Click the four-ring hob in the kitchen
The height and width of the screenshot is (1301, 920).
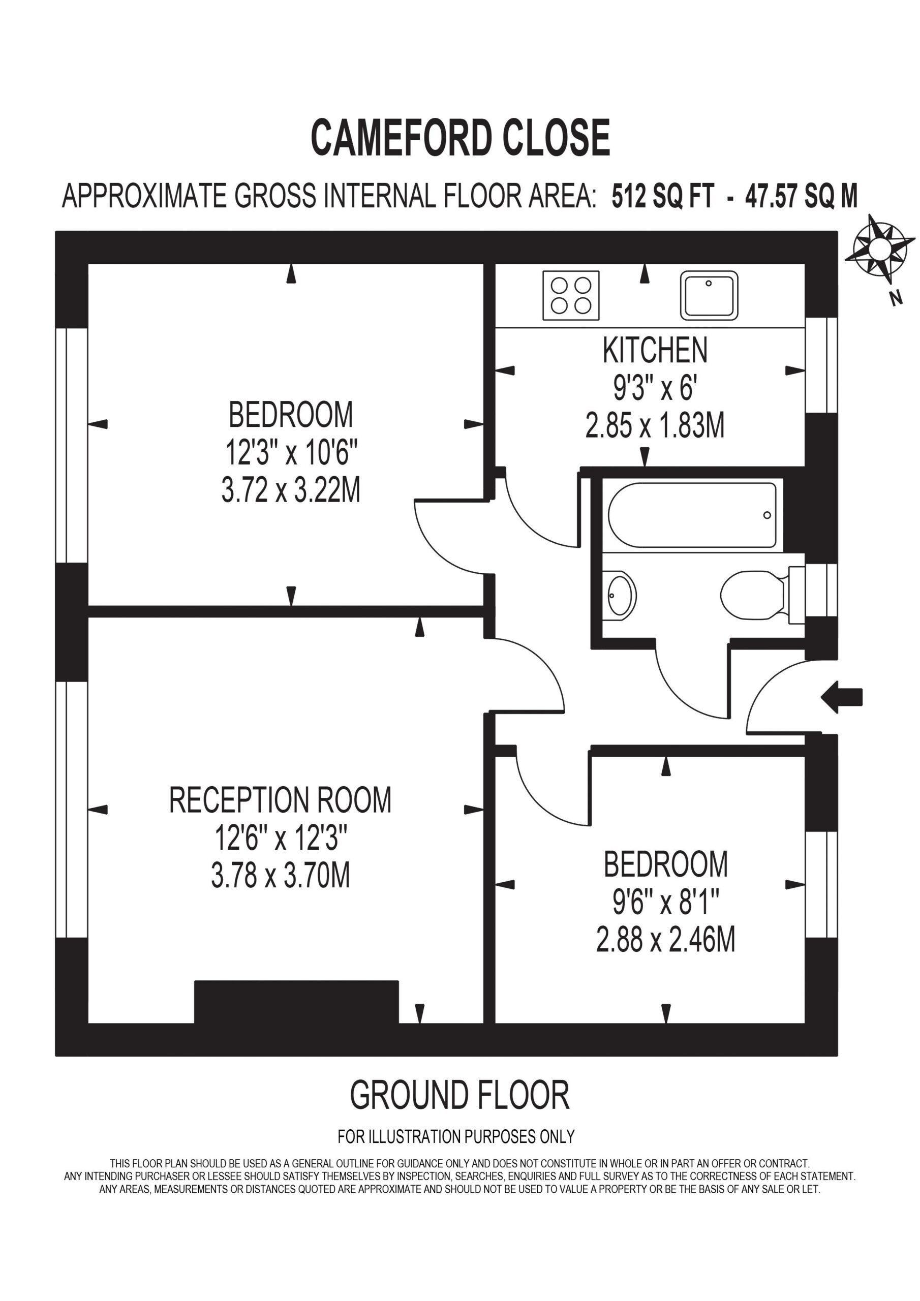coord(571,295)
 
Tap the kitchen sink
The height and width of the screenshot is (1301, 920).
coord(709,295)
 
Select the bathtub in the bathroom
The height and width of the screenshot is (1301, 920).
coord(692,515)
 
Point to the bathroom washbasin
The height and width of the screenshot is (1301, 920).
coord(621,596)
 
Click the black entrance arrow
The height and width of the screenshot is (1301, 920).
coord(842,697)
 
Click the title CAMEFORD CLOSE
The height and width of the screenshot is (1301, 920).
coord(461,138)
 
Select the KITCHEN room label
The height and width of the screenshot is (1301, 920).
coord(655,350)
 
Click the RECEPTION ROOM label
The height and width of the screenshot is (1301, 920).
coord(280,800)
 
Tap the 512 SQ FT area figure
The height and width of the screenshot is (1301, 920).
coord(662,196)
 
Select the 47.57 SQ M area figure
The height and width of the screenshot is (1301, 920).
coord(801,196)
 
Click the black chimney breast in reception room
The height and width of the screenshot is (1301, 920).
coord(296,1002)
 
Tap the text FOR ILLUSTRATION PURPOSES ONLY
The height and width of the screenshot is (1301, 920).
coord(456,1136)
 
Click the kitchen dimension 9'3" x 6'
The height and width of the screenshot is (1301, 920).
coord(655,389)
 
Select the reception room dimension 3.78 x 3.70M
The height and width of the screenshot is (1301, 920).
coord(281,875)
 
